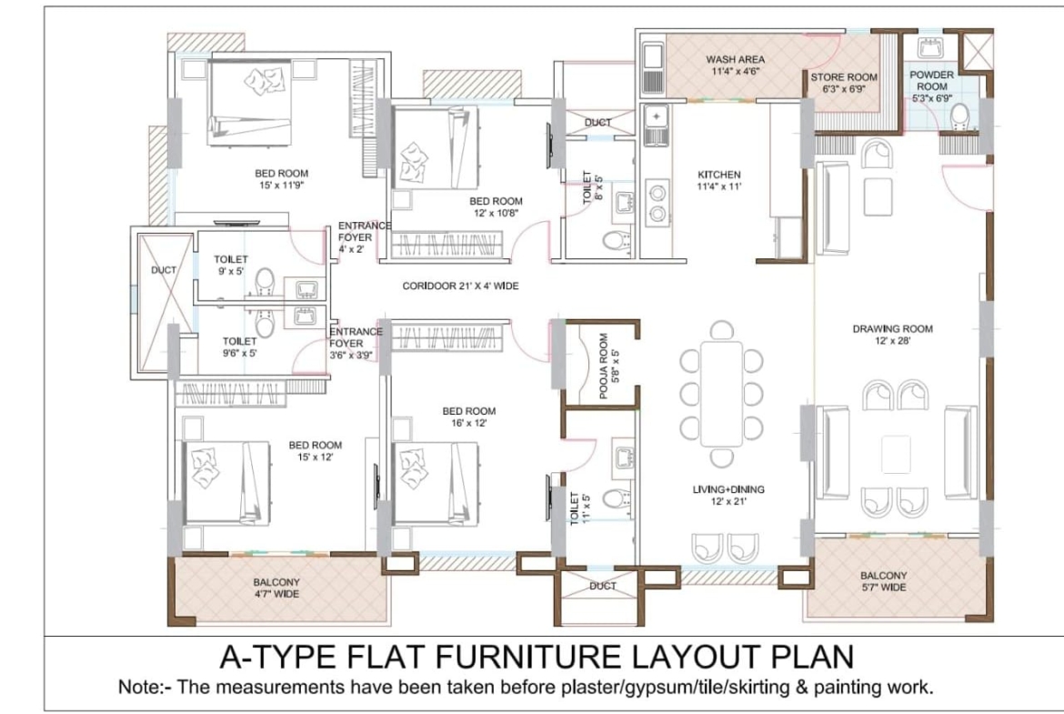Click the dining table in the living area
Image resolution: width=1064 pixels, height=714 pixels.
pyautogui.click(x=721, y=394)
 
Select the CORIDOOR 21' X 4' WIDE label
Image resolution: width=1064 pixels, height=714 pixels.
pyautogui.click(x=460, y=287)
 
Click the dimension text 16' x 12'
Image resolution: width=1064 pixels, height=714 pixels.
pyautogui.click(x=469, y=423)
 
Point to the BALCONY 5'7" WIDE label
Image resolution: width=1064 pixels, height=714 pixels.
pyautogui.click(x=884, y=581)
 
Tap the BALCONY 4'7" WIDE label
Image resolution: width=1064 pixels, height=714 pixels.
pyautogui.click(x=276, y=588)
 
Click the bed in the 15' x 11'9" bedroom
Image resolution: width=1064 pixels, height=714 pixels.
pyautogui.click(x=250, y=103)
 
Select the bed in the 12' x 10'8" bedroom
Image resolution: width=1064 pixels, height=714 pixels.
pyautogui.click(x=435, y=147)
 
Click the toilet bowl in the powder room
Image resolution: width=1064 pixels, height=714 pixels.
pyautogui.click(x=959, y=116)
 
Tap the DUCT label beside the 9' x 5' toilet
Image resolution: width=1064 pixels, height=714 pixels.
pyautogui.click(x=164, y=270)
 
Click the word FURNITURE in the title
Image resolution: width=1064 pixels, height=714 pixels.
pyautogui.click(x=527, y=657)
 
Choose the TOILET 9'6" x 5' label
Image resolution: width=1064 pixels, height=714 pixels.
pyautogui.click(x=239, y=347)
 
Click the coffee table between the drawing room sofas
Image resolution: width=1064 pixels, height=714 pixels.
pyautogui.click(x=896, y=454)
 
